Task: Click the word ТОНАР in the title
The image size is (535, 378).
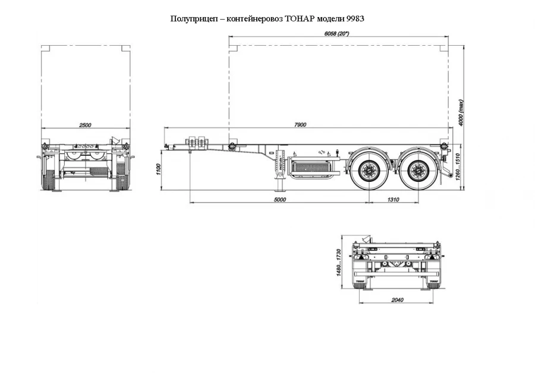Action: pos(301,19)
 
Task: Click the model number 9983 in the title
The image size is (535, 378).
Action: pos(354,19)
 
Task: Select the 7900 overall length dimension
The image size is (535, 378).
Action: pos(300,124)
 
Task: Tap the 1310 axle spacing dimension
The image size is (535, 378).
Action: pos(392,200)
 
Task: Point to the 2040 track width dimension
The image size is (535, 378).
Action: pos(397,300)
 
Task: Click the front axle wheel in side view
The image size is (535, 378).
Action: pos(367,172)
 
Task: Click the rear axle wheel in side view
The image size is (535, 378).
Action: pos(418,172)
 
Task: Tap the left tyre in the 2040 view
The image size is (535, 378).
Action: pos(361,283)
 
